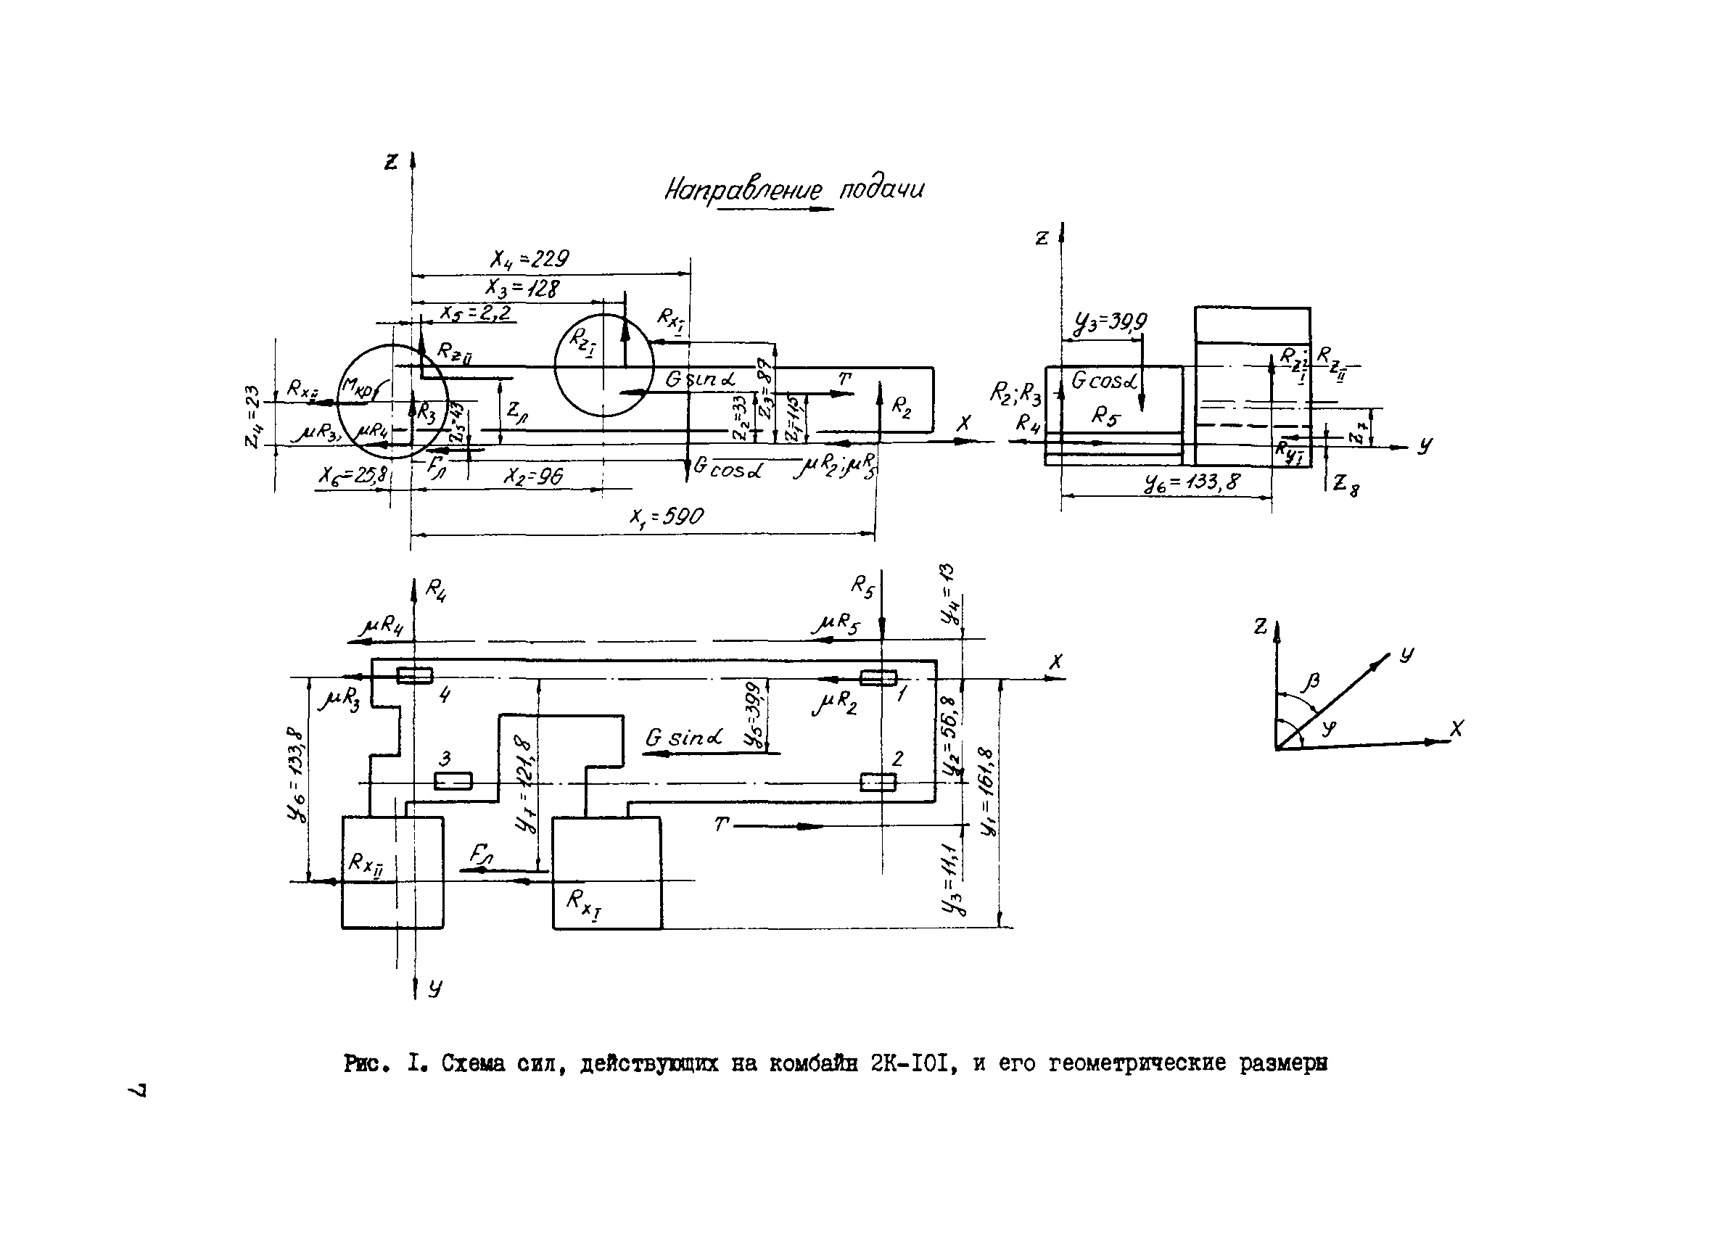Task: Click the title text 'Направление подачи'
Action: coord(794,189)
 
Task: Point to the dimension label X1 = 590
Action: coord(667,516)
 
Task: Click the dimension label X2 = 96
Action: coord(534,477)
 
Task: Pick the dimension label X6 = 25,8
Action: coord(353,475)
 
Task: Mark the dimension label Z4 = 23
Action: coord(252,416)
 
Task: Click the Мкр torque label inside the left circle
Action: coord(360,387)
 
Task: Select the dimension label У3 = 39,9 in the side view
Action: coord(1109,323)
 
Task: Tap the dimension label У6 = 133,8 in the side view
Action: coord(1192,482)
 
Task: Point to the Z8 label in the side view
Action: coord(1346,484)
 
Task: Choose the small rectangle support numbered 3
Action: coord(453,780)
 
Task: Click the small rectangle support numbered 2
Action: coord(878,782)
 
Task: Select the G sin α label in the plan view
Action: coord(683,738)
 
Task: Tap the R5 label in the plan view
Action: coord(862,585)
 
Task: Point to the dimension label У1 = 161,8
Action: coord(988,792)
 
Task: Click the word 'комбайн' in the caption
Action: coord(813,1064)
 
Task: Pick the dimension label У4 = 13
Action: coord(948,594)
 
